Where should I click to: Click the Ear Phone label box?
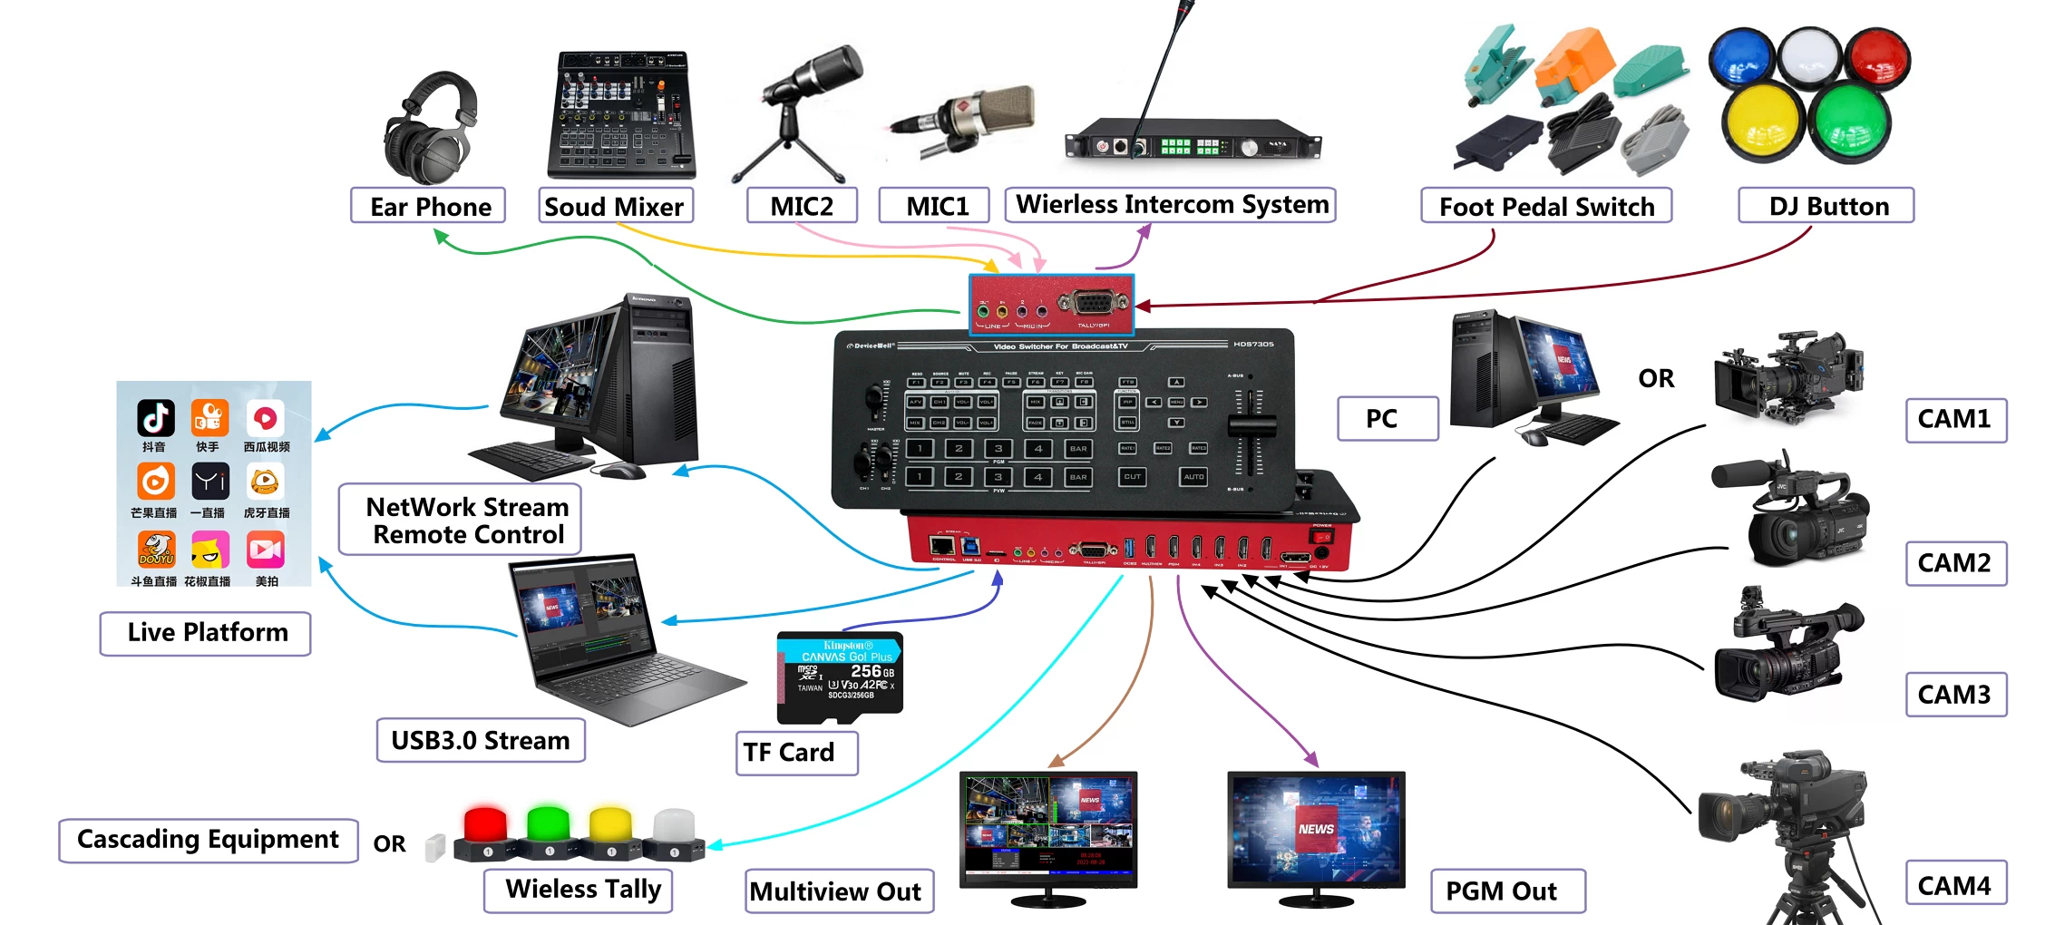pyautogui.click(x=429, y=207)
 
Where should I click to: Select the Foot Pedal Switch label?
pyautogui.click(x=1546, y=207)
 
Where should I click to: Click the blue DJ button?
pyautogui.click(x=1740, y=56)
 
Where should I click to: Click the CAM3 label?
pyautogui.click(x=1954, y=695)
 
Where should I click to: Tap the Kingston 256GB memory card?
pyautogui.click(x=840, y=676)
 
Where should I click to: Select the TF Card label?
pyautogui.click(x=795, y=753)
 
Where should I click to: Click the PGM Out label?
pyautogui.click(x=1507, y=891)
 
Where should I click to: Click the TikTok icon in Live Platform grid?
pyautogui.click(x=155, y=418)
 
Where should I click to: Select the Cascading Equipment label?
pyautogui.click(x=209, y=840)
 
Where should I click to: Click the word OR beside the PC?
pyautogui.click(x=1656, y=378)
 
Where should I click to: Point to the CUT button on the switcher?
pyautogui.click(x=1133, y=476)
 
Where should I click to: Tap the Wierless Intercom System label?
pyautogui.click(x=1171, y=205)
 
